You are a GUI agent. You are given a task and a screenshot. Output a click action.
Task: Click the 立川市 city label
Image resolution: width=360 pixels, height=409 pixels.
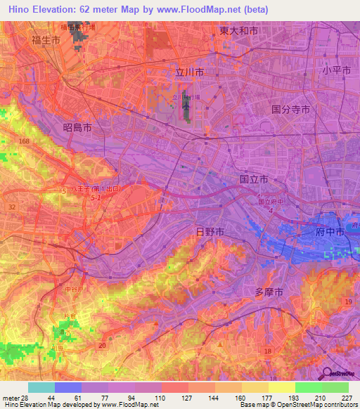(x=190, y=72)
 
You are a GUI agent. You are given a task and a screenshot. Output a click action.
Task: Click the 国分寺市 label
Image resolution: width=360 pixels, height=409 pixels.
(x=290, y=109)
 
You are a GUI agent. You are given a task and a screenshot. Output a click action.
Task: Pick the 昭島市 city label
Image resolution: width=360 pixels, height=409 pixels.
(x=77, y=127)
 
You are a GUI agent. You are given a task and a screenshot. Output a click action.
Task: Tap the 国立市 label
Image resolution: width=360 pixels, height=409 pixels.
(x=253, y=179)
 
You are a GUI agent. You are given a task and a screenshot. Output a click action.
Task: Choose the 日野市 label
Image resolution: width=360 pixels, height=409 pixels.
(x=209, y=231)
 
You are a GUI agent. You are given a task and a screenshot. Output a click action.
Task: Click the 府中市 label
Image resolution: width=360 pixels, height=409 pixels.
(x=330, y=231)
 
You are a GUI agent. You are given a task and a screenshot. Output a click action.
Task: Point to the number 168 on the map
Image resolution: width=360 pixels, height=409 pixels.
(x=25, y=142)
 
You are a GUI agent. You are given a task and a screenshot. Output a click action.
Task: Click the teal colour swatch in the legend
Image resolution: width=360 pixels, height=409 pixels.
(x=41, y=387)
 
